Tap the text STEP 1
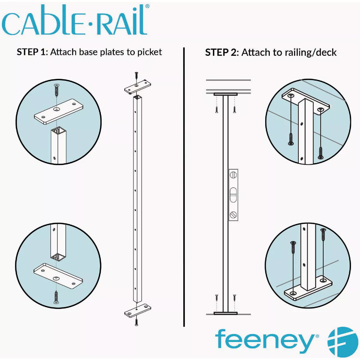click(31, 52)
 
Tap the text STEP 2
click(221, 52)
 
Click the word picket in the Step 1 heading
click(149, 52)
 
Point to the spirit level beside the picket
click(233, 195)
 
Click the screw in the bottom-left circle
click(56, 297)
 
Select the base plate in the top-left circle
click(59, 111)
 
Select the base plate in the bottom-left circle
click(58, 276)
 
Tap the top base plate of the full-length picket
click(138, 87)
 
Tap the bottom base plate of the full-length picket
click(138, 311)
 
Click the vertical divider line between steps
click(184, 186)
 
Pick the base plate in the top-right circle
click(306, 100)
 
